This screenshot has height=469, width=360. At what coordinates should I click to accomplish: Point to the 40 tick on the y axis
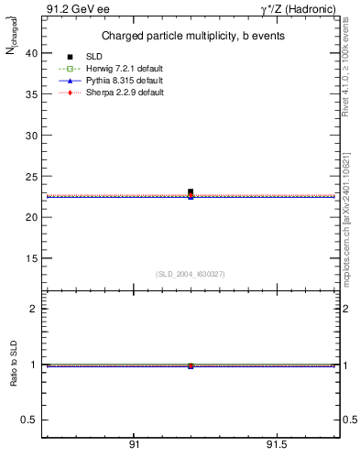30,53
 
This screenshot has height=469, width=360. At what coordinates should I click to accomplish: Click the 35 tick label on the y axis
30,94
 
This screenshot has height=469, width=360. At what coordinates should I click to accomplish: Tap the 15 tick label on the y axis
30,258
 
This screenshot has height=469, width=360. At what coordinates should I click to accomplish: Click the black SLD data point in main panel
191,192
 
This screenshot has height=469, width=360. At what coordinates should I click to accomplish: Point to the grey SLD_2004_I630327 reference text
190,273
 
